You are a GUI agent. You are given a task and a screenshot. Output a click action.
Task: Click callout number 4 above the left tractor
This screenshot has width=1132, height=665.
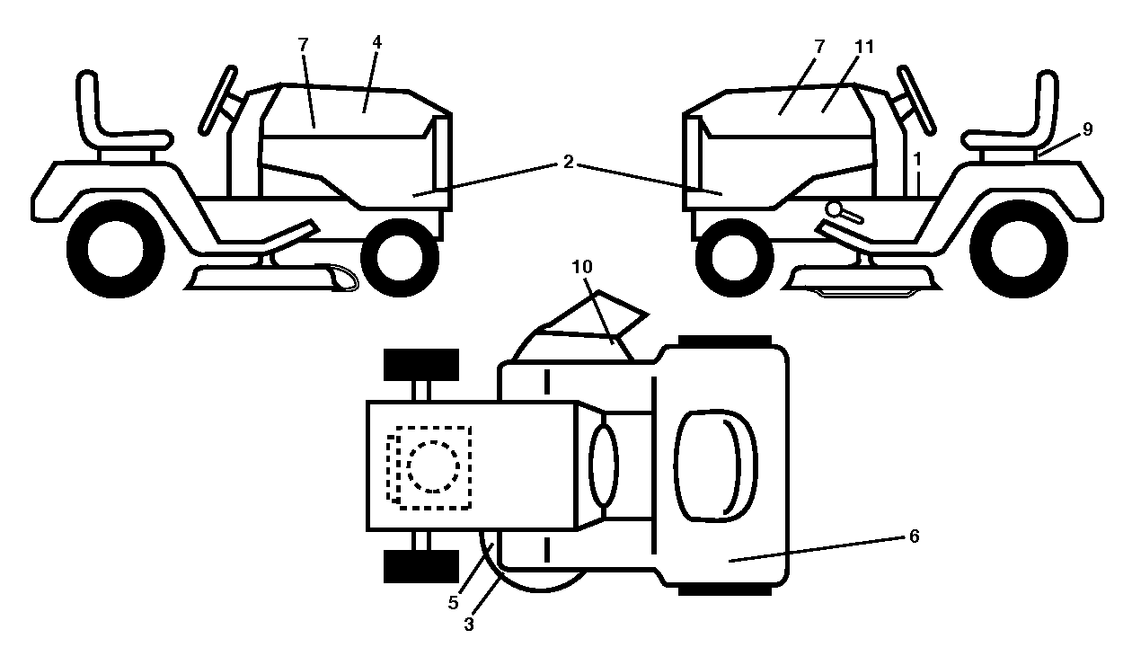[x=376, y=42]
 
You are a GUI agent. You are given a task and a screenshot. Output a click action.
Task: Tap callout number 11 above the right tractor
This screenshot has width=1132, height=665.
[x=863, y=47]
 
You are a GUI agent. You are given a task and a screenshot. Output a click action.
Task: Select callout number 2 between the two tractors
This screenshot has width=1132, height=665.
[x=568, y=163]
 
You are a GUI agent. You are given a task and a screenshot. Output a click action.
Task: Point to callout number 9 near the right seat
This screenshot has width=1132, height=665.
[x=1087, y=129]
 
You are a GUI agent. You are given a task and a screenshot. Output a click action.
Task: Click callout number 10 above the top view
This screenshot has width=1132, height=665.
[x=582, y=267]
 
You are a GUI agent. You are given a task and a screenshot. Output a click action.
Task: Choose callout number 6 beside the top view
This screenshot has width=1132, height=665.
[x=914, y=536]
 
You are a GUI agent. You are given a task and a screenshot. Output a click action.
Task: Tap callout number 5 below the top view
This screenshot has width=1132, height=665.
[x=453, y=602]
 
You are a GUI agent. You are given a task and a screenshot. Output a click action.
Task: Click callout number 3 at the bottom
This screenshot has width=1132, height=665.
[x=469, y=625]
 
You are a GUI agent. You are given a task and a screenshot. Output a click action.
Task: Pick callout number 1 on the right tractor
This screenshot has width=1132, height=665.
[x=917, y=160]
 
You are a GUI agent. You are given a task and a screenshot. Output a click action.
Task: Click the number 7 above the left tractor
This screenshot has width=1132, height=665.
[x=303, y=44]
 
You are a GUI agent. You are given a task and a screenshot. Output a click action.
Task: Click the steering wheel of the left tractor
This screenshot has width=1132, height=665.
[x=218, y=100]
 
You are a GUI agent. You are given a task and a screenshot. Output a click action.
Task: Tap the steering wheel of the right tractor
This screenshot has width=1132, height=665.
[x=915, y=100]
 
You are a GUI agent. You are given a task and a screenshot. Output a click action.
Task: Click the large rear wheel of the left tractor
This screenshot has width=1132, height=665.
[x=116, y=249]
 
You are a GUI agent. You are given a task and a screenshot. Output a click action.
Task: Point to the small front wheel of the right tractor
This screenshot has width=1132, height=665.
[x=734, y=258]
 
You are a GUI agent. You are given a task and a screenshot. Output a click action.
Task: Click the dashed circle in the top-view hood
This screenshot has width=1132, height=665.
[x=433, y=466]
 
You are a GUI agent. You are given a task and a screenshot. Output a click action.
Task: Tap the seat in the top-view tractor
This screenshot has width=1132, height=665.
[x=716, y=465]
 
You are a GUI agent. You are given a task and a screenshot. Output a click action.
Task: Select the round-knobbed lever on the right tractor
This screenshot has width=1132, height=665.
[x=844, y=212]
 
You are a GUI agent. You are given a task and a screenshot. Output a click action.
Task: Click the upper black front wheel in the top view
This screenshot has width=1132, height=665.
[x=421, y=364]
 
